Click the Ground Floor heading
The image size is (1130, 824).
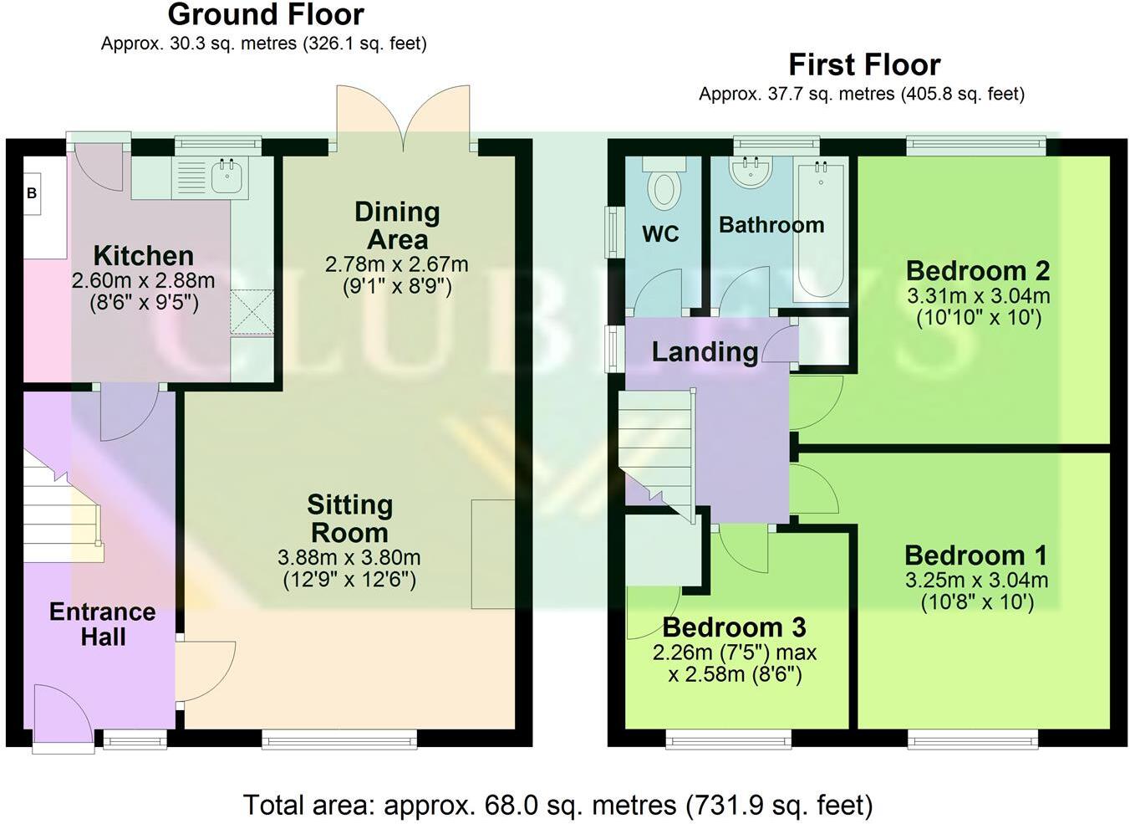click(x=266, y=15)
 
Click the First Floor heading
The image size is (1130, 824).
click(x=864, y=64)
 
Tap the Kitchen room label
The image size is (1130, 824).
click(x=143, y=255)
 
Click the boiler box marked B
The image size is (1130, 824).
click(x=32, y=193)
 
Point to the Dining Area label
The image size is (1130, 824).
click(x=397, y=226)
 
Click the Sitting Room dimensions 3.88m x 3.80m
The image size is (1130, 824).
click(x=349, y=557)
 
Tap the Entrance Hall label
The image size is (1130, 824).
click(x=102, y=624)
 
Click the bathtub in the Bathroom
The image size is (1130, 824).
click(x=820, y=230)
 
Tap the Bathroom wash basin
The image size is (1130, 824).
click(x=750, y=173)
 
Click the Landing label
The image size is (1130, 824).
click(x=704, y=352)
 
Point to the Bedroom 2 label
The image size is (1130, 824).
click(x=977, y=271)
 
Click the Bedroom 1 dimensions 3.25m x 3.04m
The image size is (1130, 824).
click(x=976, y=581)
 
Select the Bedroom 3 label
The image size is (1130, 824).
click(x=734, y=627)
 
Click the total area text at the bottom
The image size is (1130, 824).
click(x=557, y=805)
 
